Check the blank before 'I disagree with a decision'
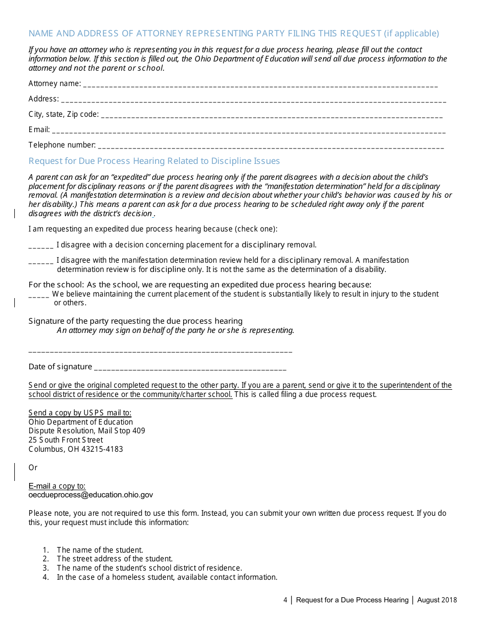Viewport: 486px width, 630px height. click(x=41, y=246)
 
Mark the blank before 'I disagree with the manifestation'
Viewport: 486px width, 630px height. click(x=41, y=261)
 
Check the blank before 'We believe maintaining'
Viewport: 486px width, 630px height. click(x=39, y=296)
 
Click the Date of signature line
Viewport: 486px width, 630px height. click(x=190, y=368)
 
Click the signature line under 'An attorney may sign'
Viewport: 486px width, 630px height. click(x=160, y=351)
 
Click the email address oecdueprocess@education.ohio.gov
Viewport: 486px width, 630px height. click(x=91, y=495)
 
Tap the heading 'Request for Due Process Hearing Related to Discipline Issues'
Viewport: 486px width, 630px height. click(x=154, y=161)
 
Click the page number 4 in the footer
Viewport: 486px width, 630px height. click(x=285, y=600)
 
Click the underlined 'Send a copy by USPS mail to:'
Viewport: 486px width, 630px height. click(x=80, y=413)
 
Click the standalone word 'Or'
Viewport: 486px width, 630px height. click(x=33, y=468)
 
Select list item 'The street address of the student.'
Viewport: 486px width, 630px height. click(x=115, y=559)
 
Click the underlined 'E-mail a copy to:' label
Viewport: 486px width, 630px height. click(x=57, y=486)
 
